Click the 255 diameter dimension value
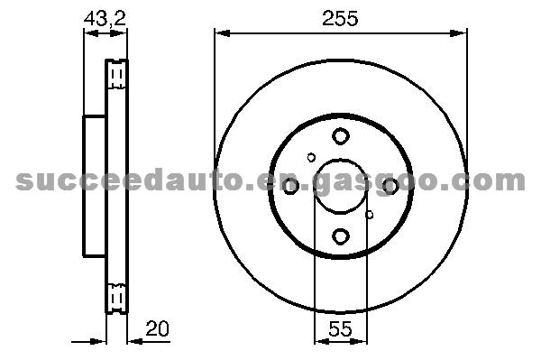340,18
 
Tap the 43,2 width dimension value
105,18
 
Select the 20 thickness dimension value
157,328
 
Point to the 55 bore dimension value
340,329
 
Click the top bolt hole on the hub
341,136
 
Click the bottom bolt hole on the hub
341,236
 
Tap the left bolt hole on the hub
290,186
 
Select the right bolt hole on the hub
391,186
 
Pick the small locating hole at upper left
311,158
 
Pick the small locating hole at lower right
369,215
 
